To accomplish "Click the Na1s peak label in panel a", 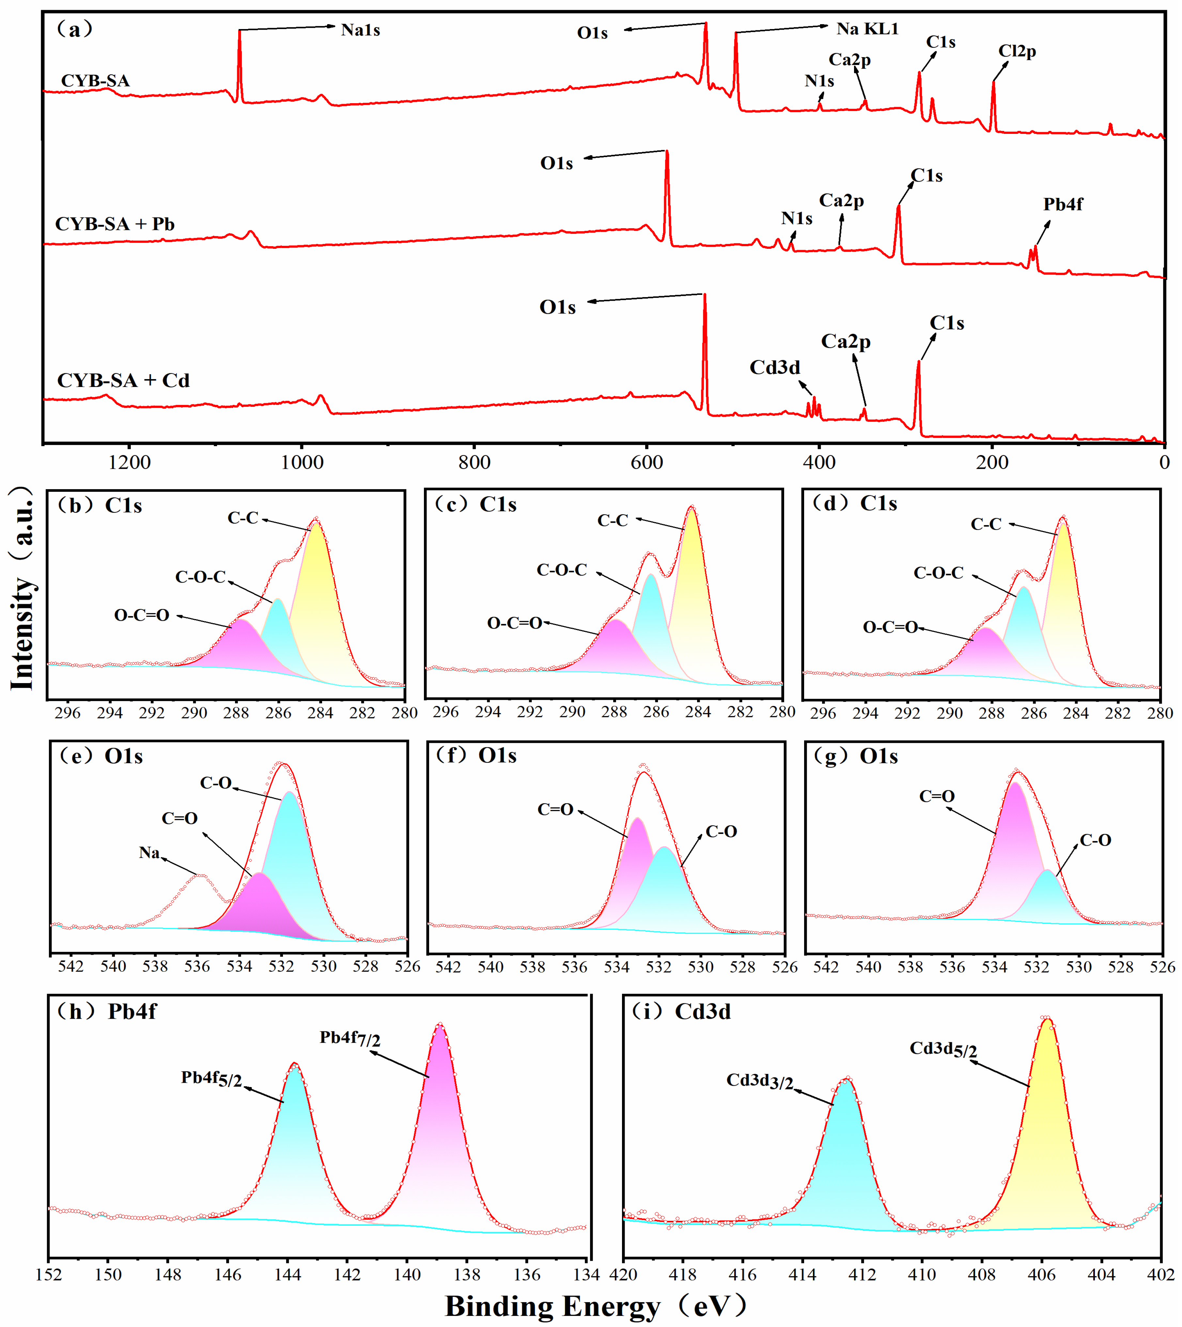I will (x=361, y=30).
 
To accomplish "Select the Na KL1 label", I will (x=867, y=29).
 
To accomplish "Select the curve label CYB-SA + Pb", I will (x=115, y=224).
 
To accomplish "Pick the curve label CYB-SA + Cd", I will (x=123, y=380).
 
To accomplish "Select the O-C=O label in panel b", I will (x=142, y=615).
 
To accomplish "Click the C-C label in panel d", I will (x=986, y=524).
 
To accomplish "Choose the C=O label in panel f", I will (x=555, y=809).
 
